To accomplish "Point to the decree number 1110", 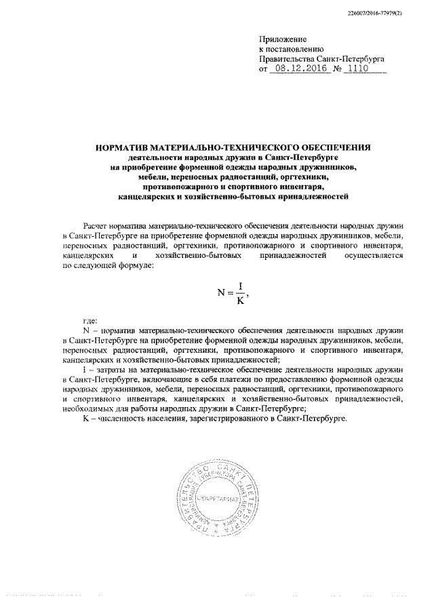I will click(360, 69).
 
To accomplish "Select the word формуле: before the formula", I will click(137, 267).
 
